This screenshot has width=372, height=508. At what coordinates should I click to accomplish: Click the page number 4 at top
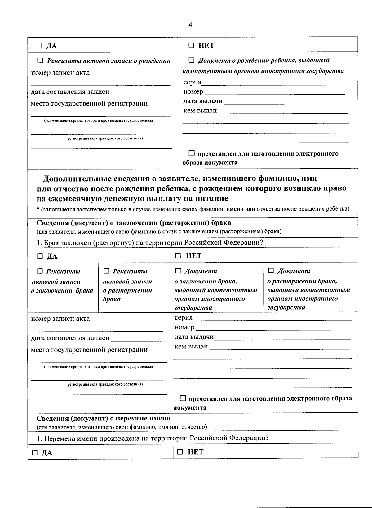click(190, 25)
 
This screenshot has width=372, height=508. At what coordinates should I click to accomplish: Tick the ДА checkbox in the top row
click(39, 46)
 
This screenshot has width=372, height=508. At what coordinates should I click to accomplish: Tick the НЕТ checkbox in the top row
click(192, 46)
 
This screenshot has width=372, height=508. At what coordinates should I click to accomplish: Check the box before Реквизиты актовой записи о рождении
click(40, 61)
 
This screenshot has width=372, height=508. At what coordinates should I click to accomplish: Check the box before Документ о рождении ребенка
click(191, 60)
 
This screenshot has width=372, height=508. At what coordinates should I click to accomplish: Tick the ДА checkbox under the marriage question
click(40, 256)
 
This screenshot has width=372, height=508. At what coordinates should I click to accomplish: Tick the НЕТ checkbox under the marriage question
click(178, 256)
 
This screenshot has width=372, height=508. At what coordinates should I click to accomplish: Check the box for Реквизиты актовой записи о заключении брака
click(40, 271)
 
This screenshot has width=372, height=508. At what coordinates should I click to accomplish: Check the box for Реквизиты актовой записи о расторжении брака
click(106, 271)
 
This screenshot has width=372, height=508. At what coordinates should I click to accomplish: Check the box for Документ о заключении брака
click(178, 271)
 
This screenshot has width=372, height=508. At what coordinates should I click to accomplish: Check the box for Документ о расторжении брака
click(271, 270)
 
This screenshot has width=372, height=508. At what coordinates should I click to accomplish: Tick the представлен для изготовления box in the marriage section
click(183, 398)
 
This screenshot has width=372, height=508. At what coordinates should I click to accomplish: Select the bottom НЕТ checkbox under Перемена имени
click(180, 452)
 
